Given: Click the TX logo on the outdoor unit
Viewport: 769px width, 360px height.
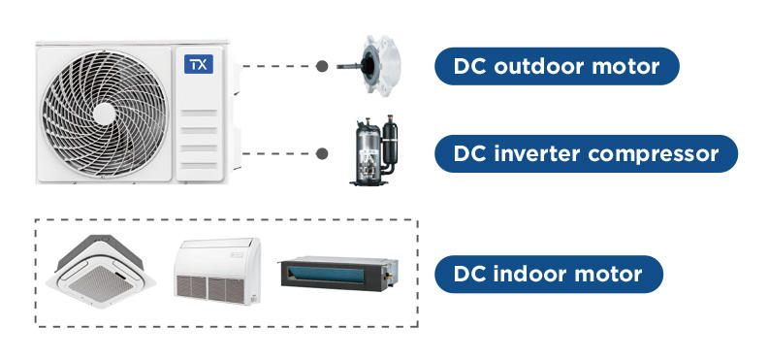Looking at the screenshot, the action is [199, 64].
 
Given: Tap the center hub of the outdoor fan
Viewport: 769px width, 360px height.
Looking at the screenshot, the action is [104, 114].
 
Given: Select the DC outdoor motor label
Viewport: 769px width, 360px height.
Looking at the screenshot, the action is [557, 66].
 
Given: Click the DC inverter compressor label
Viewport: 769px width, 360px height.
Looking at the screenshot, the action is [586, 153].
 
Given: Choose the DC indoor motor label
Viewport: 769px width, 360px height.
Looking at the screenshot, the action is [548, 275].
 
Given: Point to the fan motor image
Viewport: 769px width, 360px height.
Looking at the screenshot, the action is [368, 64].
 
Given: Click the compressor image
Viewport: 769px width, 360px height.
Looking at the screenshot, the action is [374, 150].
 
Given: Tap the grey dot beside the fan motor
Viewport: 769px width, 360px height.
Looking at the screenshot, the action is [322, 66].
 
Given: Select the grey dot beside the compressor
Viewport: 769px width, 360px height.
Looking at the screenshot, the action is [322, 153].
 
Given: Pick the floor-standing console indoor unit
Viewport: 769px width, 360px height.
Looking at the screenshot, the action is [217, 271].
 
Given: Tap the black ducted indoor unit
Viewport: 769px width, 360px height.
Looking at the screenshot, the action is [338, 274].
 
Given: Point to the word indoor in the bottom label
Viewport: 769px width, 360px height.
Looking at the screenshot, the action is [532, 274].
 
